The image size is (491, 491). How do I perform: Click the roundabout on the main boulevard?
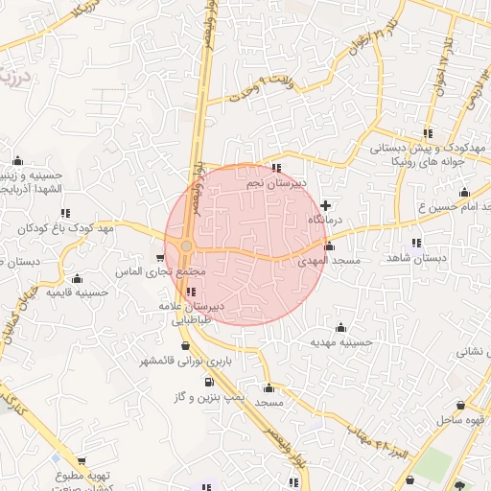point(186,246)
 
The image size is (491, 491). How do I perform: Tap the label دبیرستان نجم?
point(276,182)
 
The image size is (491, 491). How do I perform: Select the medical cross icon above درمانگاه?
point(327,204)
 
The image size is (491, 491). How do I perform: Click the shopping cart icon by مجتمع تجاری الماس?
point(159,258)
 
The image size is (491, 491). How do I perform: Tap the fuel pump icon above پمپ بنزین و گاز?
point(209,381)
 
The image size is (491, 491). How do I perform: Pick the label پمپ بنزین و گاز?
point(210,395)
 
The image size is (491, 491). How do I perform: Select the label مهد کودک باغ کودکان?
point(66,228)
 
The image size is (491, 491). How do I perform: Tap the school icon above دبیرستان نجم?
point(276,169)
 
